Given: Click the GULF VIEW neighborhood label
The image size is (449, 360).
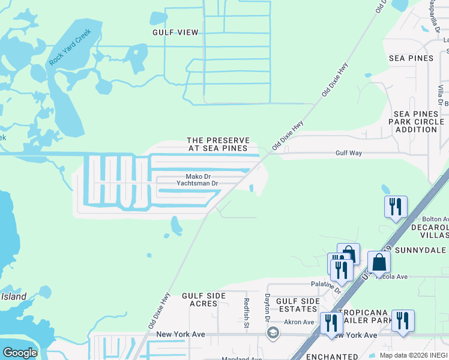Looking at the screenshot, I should pos(175,32).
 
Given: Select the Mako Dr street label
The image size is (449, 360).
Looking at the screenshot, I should pos(197,176).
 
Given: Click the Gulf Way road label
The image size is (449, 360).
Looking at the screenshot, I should pos(349,154).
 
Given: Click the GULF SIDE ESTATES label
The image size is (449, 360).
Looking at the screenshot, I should pos(294,304).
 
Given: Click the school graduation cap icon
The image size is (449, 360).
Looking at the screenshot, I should pos(273,333).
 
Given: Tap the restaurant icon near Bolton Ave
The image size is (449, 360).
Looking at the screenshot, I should pos(396,207).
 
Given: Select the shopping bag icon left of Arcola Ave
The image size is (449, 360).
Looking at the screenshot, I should pos(379,262).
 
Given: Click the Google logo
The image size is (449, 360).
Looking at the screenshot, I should pos(20,353).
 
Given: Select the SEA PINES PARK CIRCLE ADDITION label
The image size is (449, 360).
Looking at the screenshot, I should pos(415,121).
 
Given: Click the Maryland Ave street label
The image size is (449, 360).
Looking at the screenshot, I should pos(242,359).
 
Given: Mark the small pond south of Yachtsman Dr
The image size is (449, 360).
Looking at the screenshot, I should pos(176,226).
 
